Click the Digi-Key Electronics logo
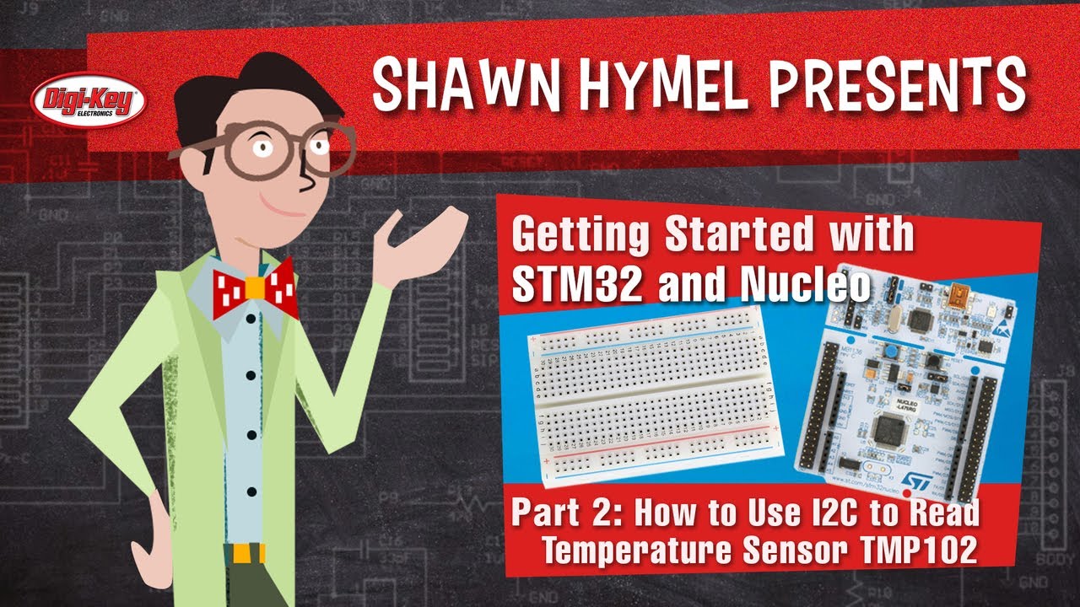click(89, 102)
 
